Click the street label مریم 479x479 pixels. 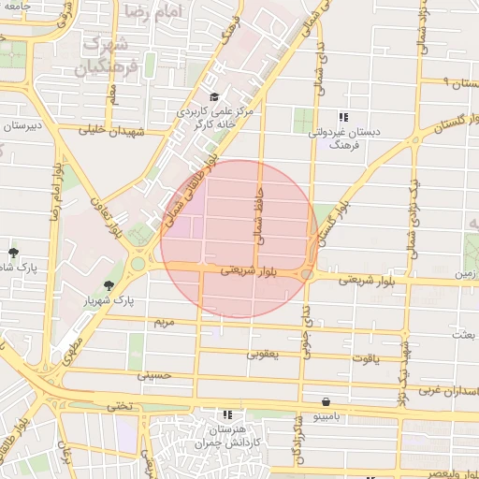[164, 322]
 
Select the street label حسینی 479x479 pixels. [154, 375]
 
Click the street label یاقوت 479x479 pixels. [366, 358]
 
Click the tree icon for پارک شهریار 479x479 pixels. [110, 285]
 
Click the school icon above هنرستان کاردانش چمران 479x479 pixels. [226, 414]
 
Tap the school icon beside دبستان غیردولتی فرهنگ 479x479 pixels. [343, 118]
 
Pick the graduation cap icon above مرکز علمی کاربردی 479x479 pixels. [213, 96]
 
